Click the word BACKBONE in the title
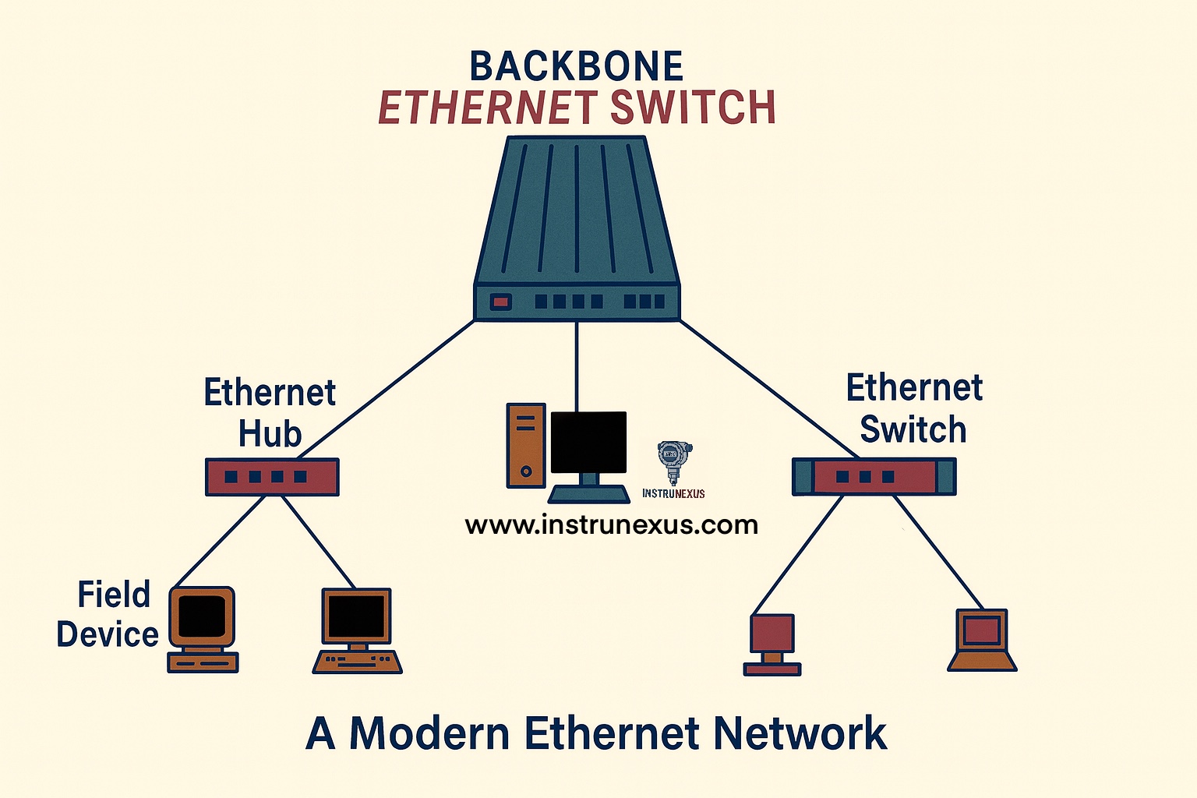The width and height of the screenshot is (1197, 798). click(x=576, y=67)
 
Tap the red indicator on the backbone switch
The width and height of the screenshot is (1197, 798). click(x=500, y=301)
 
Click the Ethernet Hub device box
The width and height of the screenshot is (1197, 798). click(x=271, y=477)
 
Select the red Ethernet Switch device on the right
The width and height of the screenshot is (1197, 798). click(x=874, y=476)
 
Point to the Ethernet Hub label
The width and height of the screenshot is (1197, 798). click(x=270, y=413)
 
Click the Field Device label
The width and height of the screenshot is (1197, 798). click(x=108, y=615)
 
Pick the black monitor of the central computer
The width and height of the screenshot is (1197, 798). click(x=588, y=442)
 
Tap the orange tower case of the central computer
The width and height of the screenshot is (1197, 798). click(x=526, y=445)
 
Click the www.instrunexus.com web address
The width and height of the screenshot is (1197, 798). click(x=611, y=524)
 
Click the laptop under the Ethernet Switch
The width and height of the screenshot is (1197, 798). click(x=982, y=640)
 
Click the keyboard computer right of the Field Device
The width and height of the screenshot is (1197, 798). click(x=357, y=630)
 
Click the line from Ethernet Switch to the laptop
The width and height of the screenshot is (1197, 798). click(x=940, y=553)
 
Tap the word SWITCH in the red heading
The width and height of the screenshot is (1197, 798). click(x=693, y=108)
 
